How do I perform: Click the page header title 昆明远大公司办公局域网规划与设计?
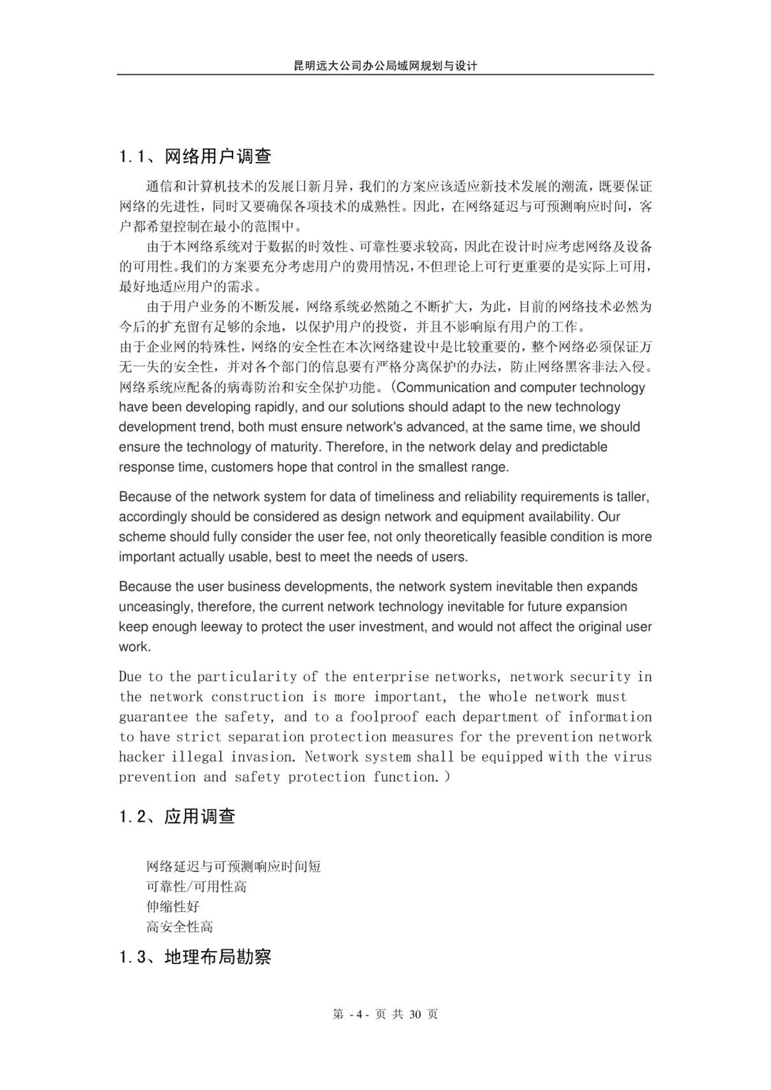(x=385, y=66)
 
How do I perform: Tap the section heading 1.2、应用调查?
(x=177, y=817)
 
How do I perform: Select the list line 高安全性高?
(x=179, y=926)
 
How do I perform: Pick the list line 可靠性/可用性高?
(x=196, y=886)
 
